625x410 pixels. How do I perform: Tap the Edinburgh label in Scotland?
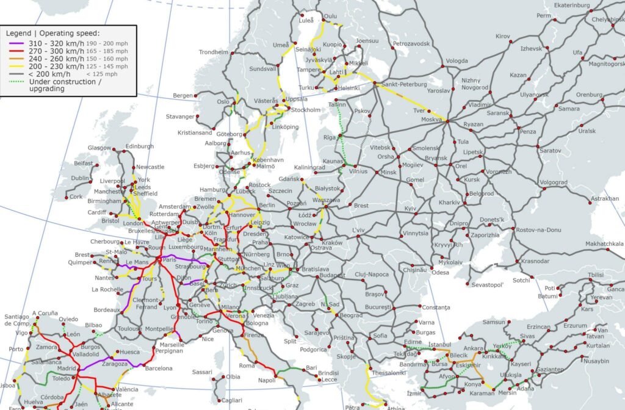coord(140,146)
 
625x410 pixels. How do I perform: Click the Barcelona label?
coord(159,368)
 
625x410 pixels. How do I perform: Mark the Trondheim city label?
coord(213,52)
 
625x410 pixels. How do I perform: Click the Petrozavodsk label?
coord(412,44)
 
